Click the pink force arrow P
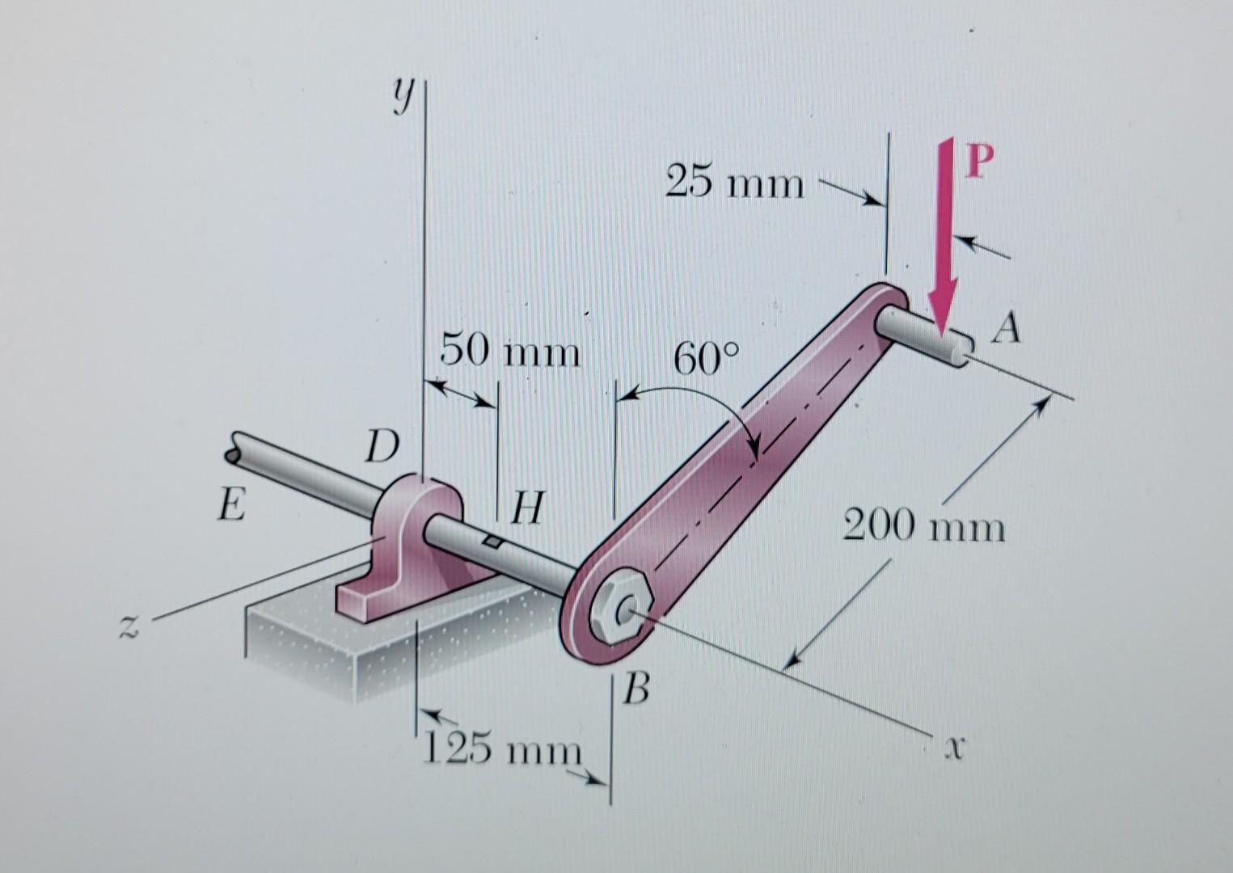click(943, 242)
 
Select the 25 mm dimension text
click(734, 183)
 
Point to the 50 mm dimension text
click(510, 352)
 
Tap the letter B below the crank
click(638, 691)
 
